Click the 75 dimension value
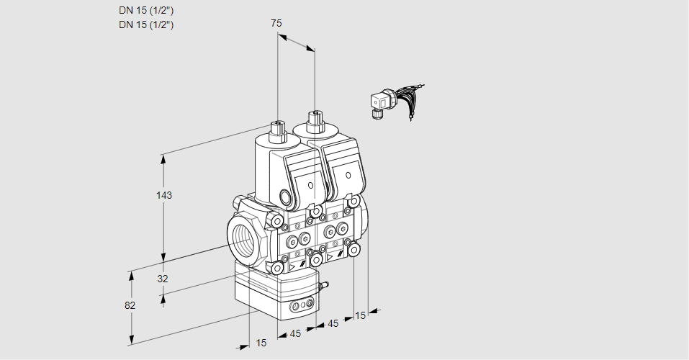pos(276,23)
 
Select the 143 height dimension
pos(165,195)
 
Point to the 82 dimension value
pos(130,305)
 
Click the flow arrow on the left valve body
pos(292,266)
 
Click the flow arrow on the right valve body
pos(330,256)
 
